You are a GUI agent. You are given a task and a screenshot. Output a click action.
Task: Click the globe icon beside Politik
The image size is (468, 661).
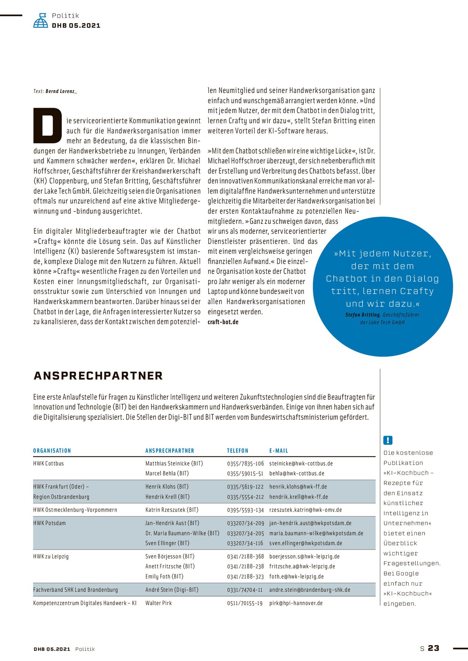(x=41, y=21)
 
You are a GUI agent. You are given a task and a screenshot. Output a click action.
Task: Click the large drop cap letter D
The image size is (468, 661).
(x=48, y=126)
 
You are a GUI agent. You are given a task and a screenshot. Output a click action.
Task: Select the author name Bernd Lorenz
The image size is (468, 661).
(x=61, y=91)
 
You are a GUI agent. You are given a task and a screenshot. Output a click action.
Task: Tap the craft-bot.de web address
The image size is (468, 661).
(x=223, y=322)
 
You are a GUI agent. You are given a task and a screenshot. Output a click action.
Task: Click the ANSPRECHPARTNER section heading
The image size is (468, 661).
(x=98, y=376)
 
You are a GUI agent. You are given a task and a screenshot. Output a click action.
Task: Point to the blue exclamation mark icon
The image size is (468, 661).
(x=388, y=440)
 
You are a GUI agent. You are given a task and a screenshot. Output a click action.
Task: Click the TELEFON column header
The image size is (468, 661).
(x=238, y=451)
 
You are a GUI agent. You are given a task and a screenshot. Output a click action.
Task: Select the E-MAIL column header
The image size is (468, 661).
(x=278, y=451)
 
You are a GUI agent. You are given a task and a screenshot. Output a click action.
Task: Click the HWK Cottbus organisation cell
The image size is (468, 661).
(x=48, y=464)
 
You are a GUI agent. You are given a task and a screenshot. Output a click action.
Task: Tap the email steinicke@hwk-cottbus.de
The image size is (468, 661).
(x=301, y=464)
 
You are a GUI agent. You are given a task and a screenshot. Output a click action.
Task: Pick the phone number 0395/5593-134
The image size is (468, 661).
(x=245, y=510)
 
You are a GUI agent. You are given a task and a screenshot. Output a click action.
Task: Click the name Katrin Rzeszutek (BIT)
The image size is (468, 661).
(x=172, y=510)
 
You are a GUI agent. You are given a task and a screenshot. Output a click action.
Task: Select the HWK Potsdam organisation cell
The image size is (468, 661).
(x=49, y=523)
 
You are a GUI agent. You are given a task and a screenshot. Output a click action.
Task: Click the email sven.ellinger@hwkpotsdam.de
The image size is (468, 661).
(x=306, y=543)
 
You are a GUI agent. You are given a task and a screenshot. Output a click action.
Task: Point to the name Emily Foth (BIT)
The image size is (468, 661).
(x=164, y=576)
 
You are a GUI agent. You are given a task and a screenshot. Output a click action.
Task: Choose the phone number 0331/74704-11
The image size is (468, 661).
(x=245, y=590)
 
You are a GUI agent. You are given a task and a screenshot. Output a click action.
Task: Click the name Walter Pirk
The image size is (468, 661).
(x=158, y=603)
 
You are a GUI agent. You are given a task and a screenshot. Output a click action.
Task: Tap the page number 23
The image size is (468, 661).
(x=433, y=648)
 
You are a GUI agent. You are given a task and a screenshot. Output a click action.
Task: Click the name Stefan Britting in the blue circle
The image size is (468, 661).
(x=362, y=315)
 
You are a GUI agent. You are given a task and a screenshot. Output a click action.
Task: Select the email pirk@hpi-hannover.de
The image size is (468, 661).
(x=296, y=603)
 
